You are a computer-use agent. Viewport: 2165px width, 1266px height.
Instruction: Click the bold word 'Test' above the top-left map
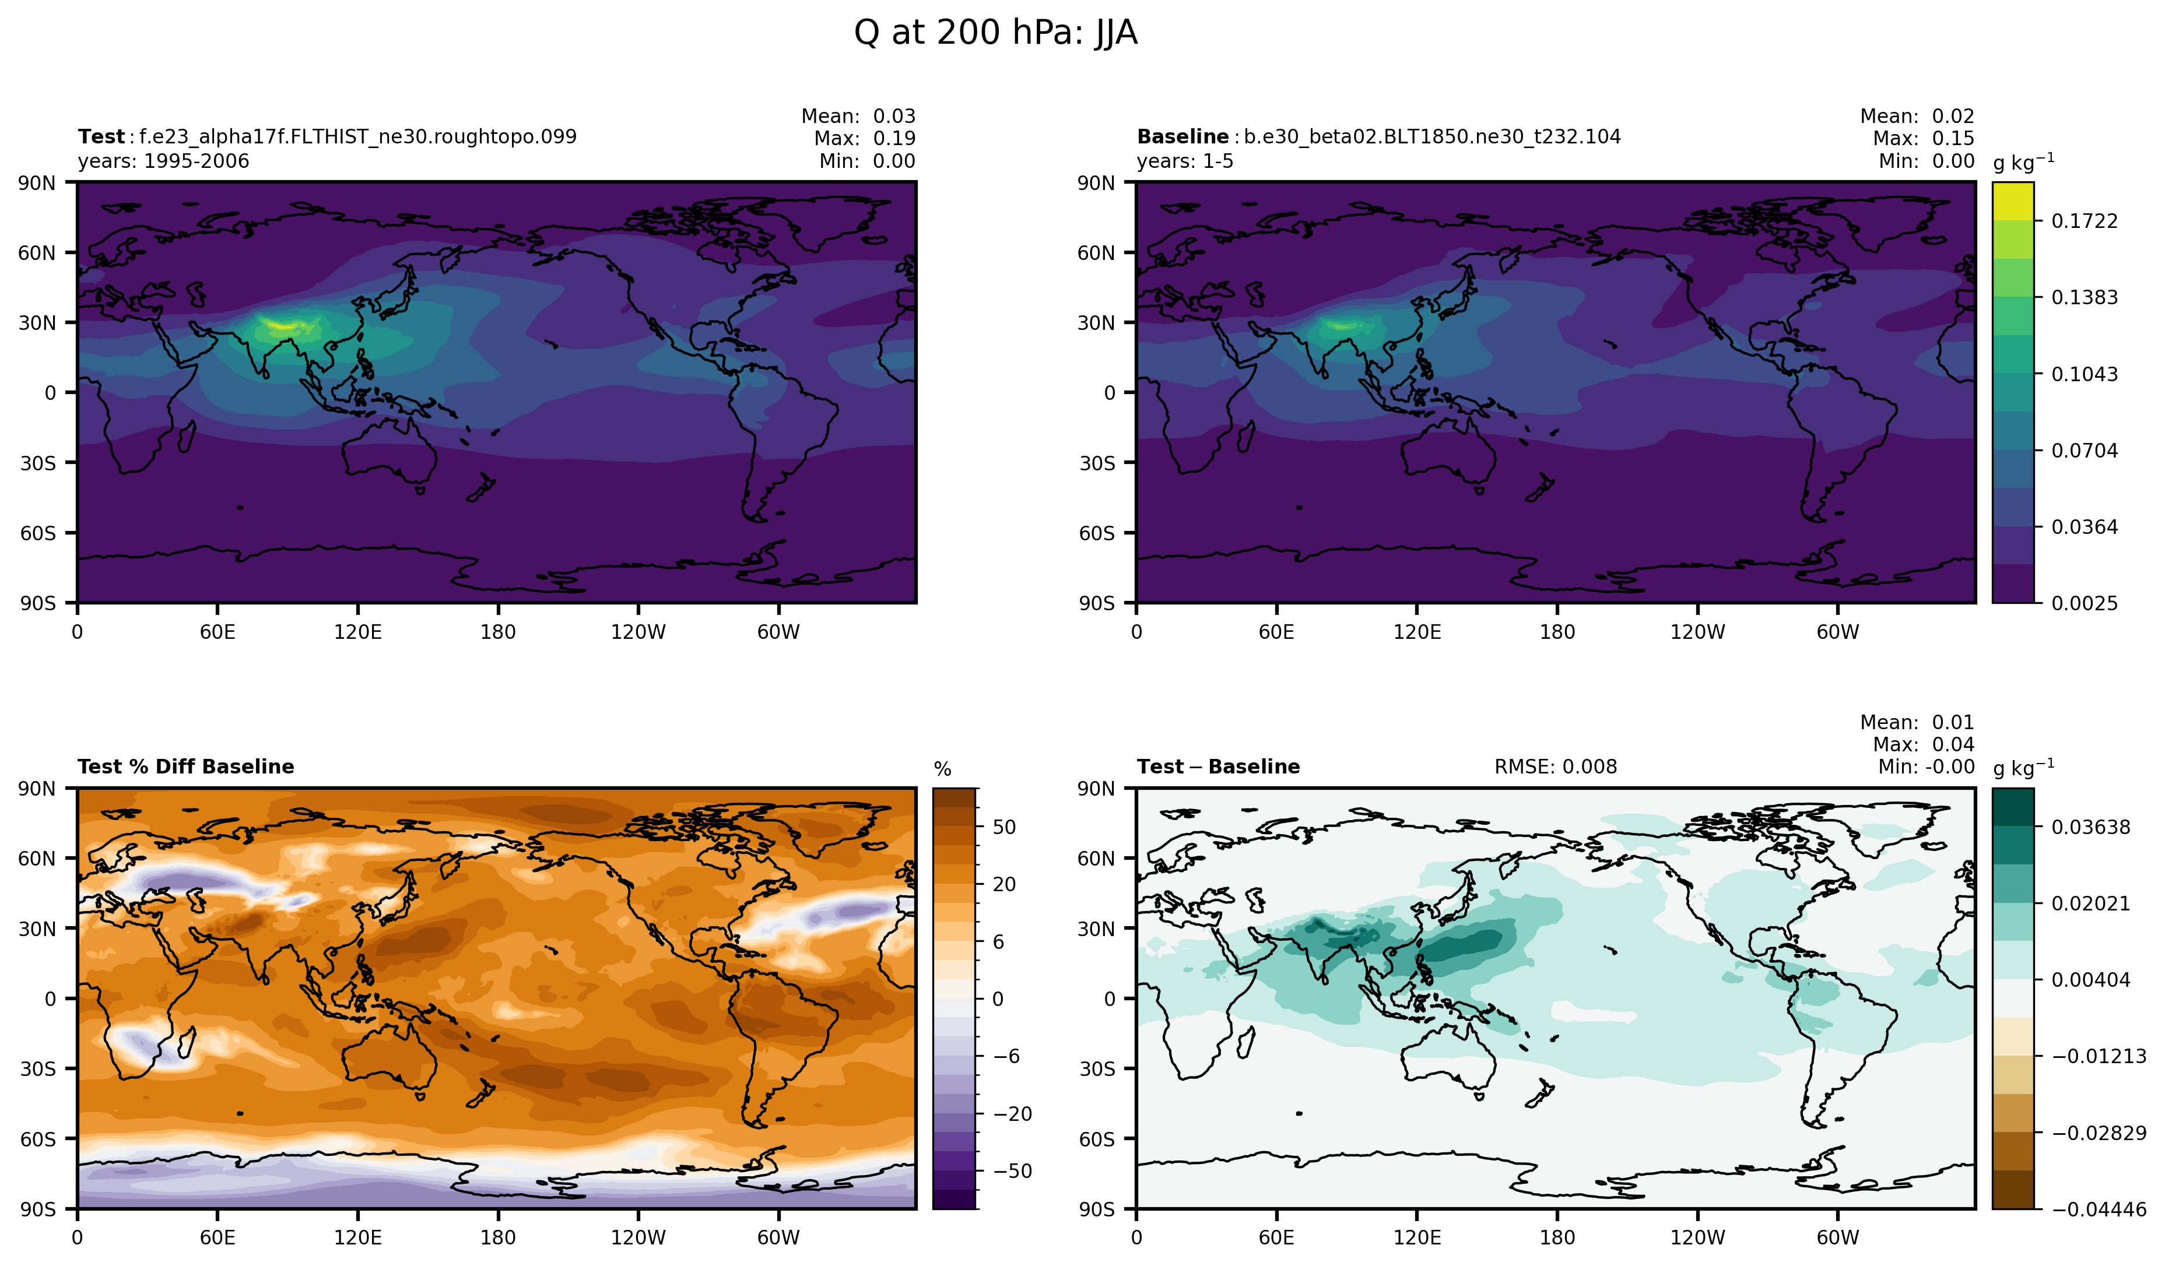(x=101, y=136)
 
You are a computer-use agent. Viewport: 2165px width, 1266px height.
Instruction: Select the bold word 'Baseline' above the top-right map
(x=1182, y=136)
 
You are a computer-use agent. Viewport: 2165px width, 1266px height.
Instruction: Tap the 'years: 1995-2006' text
(x=163, y=161)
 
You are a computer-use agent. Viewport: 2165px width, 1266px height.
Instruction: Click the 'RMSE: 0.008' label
(x=1555, y=766)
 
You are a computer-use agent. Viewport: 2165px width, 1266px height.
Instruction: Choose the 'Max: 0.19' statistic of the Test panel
(x=864, y=138)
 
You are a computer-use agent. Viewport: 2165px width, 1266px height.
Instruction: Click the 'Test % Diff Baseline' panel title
(x=185, y=766)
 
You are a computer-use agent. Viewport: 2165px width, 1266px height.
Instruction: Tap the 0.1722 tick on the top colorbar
(x=2084, y=221)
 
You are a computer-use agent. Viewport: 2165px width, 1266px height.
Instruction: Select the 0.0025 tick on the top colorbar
(x=2084, y=603)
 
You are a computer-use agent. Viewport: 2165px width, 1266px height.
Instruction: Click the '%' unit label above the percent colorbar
(x=942, y=769)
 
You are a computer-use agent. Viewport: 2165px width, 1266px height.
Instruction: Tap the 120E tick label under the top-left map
(x=357, y=632)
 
